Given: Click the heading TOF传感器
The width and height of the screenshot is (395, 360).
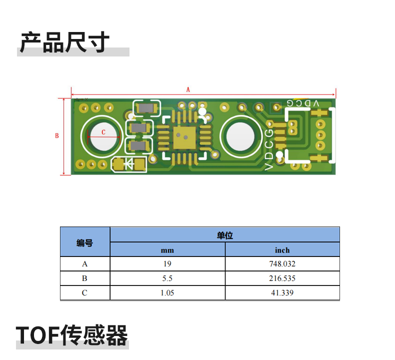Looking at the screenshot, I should tap(72, 335).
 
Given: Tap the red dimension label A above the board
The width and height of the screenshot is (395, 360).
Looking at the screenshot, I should tap(188, 90).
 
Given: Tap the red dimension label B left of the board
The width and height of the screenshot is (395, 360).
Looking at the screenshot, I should tap(56, 135).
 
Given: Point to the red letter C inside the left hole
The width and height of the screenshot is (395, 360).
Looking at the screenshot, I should tap(103, 132).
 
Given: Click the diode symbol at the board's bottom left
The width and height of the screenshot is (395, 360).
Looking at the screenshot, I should tap(129, 163).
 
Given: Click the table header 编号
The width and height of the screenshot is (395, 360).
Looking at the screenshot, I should tap(84, 243).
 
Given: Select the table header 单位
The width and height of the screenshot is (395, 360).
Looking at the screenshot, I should tap(224, 235).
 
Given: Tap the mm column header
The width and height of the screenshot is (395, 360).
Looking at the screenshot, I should tap(167, 250).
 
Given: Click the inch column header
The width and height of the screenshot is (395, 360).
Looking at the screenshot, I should tap(282, 250).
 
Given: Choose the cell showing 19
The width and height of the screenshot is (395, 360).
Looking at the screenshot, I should tap(167, 264).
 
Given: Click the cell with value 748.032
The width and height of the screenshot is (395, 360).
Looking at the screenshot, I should tap(282, 264).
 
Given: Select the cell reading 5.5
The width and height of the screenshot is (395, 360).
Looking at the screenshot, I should tap(167, 278).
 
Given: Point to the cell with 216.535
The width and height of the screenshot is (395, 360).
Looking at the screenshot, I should tap(282, 278).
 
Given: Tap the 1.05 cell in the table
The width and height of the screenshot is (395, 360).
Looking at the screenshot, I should tap(167, 292).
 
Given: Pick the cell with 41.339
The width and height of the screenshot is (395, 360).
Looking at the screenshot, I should tap(282, 292).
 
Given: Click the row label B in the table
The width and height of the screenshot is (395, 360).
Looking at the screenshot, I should tap(84, 278).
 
